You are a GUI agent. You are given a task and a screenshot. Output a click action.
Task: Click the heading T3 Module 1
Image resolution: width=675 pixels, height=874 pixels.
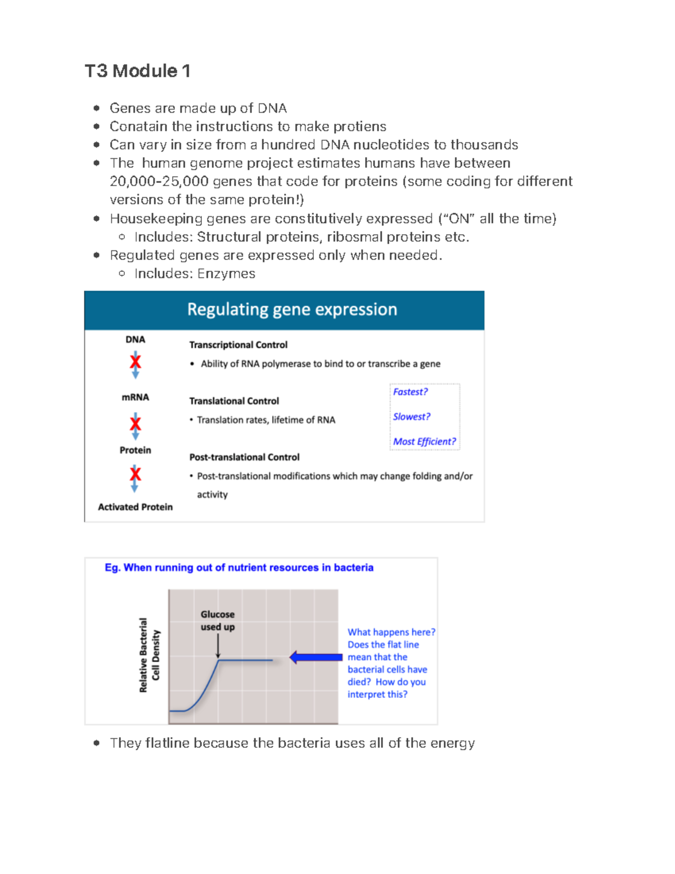coord(137,71)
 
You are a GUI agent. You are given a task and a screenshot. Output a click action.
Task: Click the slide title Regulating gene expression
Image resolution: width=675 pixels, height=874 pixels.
coord(292,310)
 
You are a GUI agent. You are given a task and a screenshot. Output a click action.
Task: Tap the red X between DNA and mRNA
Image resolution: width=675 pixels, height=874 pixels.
coord(135,362)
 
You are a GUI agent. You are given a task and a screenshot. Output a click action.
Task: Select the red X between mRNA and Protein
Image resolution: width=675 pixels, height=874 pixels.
coord(135,423)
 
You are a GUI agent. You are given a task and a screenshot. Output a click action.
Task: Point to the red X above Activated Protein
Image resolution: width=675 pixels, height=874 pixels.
coord(135,474)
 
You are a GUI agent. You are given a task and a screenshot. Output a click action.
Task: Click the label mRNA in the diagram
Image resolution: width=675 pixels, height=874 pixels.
coord(135,397)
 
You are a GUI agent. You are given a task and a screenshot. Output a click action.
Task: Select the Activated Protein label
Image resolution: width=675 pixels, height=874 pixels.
coord(135,507)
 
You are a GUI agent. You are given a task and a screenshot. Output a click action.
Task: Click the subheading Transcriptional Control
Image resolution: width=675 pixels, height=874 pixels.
coord(238,345)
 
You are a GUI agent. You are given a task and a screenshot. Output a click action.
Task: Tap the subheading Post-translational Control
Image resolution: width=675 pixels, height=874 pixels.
coord(244,458)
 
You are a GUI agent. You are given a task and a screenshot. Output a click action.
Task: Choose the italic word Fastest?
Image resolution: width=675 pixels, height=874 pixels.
coord(410,392)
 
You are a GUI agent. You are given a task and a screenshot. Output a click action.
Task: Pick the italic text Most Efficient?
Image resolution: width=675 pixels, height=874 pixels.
coord(424,442)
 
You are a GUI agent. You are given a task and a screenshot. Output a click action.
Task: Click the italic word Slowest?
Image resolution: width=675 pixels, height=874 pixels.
coord(411,417)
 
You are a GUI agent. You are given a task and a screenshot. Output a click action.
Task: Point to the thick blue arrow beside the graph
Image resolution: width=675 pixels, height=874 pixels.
coord(316,657)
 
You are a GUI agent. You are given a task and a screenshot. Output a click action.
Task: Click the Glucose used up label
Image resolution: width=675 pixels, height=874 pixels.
coord(218,621)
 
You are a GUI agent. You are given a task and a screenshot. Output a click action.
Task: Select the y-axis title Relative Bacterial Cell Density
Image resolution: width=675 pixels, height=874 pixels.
coord(150,655)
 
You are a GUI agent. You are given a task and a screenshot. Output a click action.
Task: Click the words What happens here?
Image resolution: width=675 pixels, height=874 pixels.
coord(391,633)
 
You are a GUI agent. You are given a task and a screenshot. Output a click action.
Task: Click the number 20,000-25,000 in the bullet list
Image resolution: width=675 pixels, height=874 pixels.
coord(159,182)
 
